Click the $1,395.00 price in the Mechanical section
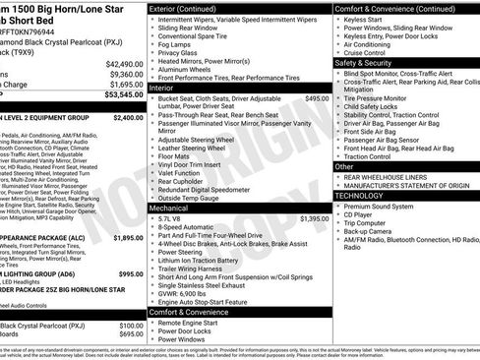314,218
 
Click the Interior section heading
166,89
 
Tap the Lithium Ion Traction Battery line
208,260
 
